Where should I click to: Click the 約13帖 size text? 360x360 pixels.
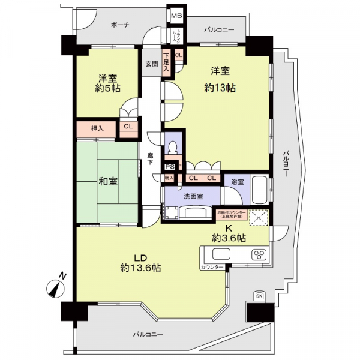[220, 88]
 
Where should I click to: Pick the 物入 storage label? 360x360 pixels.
[169, 178]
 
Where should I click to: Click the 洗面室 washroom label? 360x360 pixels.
[193, 196]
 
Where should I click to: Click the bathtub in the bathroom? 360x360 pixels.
[259, 191]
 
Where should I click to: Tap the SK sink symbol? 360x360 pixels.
[259, 296]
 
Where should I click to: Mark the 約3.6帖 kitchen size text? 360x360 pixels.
[229, 238]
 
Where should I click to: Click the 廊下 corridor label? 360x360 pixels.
[151, 159]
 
